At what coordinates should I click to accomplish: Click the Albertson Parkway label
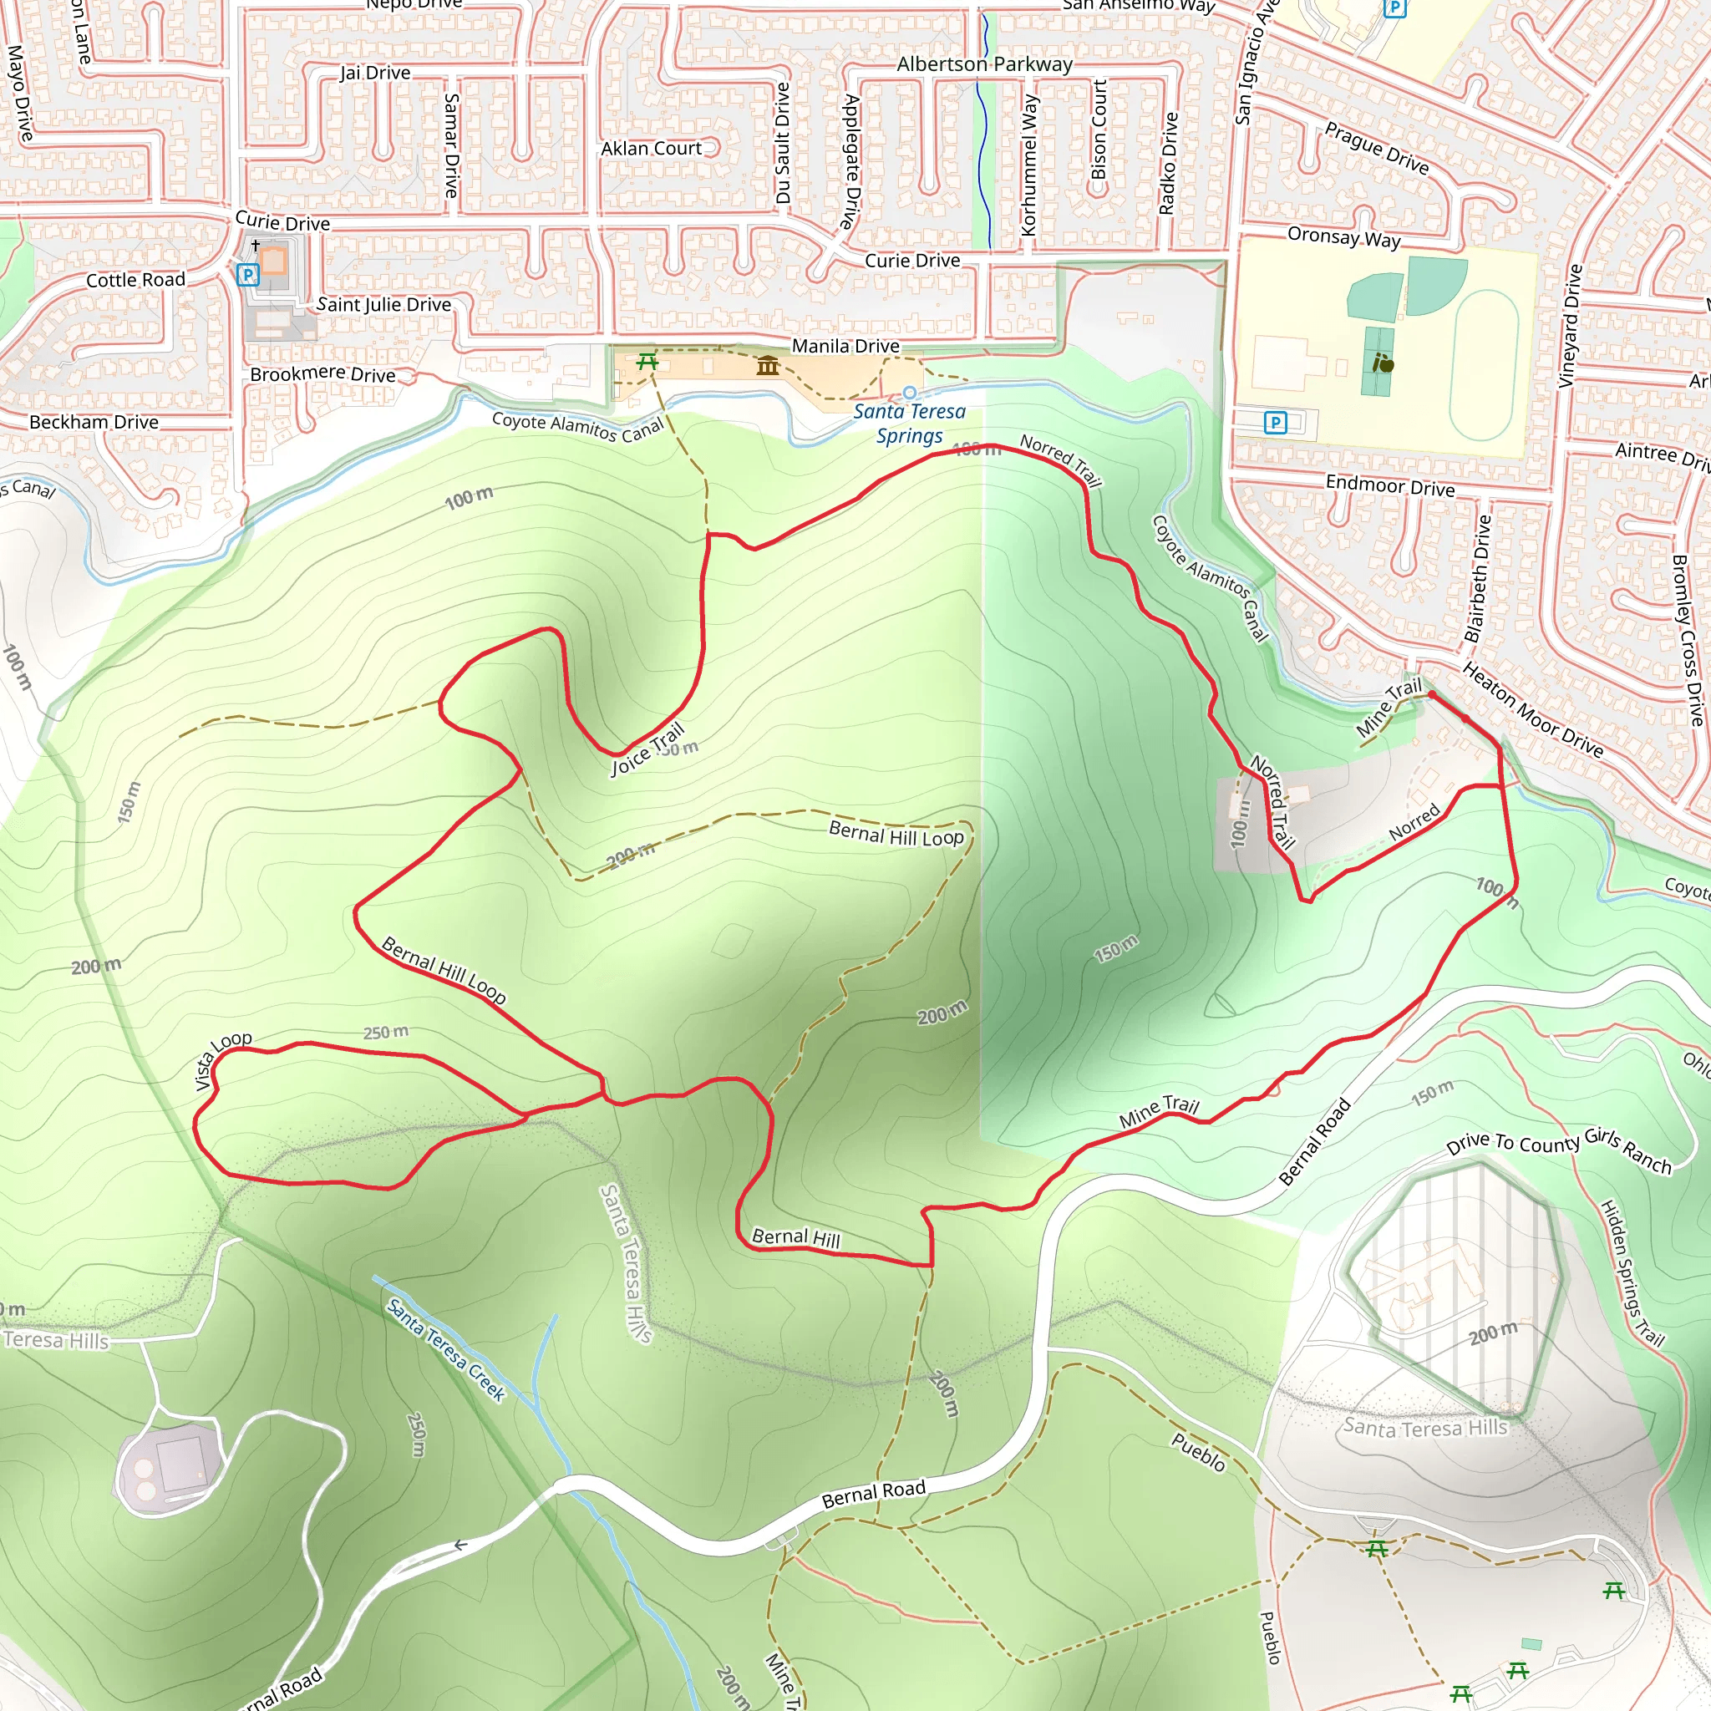984,64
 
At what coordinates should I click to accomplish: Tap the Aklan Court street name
651,149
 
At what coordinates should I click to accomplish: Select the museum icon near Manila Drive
767,365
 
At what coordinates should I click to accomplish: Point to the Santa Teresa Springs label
909,424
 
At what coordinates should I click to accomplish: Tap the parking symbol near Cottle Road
248,275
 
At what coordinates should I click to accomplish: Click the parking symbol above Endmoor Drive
1275,423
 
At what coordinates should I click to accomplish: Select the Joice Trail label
648,749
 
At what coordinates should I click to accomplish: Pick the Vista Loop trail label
222,1060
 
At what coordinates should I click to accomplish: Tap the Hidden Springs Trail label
1632,1272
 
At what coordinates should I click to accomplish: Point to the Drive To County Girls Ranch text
1559,1150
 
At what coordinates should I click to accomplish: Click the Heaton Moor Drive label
1532,710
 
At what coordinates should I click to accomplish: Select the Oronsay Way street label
1343,237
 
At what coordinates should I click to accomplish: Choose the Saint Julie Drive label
383,305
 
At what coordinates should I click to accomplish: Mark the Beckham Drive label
94,423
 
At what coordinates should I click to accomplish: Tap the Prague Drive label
1376,148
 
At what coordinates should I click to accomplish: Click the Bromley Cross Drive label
1686,639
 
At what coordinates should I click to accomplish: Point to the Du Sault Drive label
783,144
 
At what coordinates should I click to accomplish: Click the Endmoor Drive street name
1389,486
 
